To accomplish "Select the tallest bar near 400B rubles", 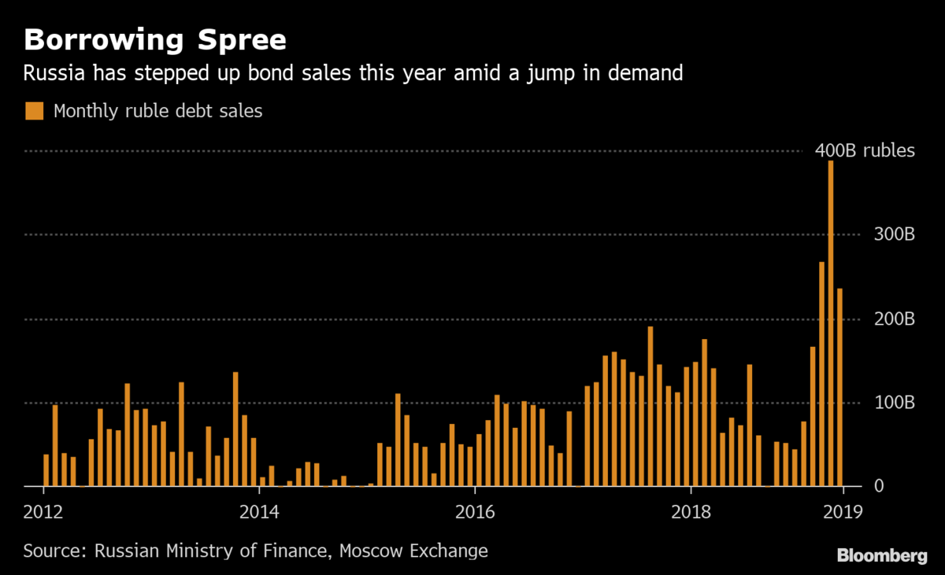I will (x=831, y=323).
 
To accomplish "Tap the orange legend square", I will (x=34, y=111).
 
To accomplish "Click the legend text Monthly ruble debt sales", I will (x=157, y=111).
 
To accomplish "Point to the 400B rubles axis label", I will (x=865, y=150).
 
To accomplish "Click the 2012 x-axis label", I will (x=43, y=511).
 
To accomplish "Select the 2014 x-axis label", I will (x=259, y=511).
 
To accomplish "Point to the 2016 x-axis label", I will (x=475, y=511).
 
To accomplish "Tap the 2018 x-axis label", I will (x=691, y=511).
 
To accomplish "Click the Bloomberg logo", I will (x=881, y=556).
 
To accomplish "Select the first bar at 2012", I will (x=46, y=470).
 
